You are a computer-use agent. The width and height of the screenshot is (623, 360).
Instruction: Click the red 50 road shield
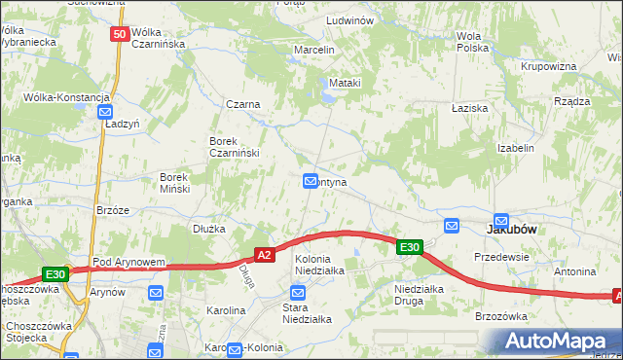(120, 34)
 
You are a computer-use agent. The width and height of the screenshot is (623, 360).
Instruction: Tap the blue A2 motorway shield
(264, 255)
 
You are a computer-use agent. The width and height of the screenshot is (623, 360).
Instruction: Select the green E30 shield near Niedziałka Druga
(410, 248)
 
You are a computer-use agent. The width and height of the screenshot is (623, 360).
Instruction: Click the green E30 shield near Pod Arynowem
(55, 275)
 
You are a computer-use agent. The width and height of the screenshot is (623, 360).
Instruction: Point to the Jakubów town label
(512, 229)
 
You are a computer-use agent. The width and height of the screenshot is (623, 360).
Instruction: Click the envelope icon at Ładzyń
(108, 112)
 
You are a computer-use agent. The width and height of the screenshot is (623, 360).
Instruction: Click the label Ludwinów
(352, 20)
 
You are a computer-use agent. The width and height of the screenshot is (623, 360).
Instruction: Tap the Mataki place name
(345, 83)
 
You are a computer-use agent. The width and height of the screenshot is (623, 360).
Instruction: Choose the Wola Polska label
(472, 41)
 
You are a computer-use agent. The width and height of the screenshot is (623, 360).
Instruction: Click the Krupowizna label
(548, 66)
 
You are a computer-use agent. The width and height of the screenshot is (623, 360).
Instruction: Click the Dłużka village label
(209, 229)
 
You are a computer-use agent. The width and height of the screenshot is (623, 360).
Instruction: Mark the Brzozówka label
(500, 316)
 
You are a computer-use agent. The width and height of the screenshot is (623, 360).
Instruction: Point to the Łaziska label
(469, 109)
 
